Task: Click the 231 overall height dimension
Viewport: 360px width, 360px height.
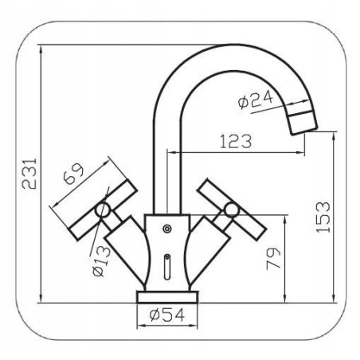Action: pos(29,174)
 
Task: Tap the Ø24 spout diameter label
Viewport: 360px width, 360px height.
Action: pos(256,100)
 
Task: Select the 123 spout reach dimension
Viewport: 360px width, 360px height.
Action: pos(236,142)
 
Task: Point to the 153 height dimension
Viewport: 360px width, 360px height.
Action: pos(323,217)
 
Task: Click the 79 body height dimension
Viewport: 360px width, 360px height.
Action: pos(273,259)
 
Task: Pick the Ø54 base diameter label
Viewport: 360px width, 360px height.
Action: pos(166,315)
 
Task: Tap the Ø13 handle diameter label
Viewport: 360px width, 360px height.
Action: pos(102,261)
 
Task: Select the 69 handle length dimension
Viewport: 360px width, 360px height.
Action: pos(73,174)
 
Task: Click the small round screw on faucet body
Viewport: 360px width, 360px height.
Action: pos(167,229)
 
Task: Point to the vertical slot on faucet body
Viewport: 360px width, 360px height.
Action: pos(167,267)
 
